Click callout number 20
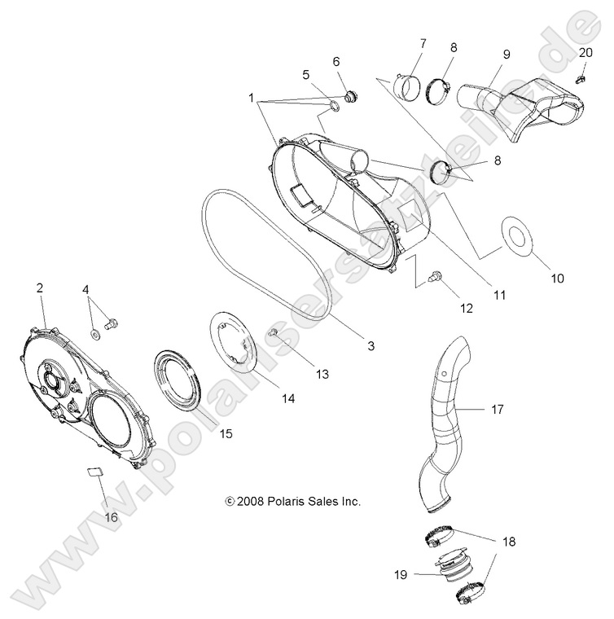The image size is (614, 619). (585, 53)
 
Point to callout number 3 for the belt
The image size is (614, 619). (348, 345)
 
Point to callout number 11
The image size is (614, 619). (496, 296)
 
